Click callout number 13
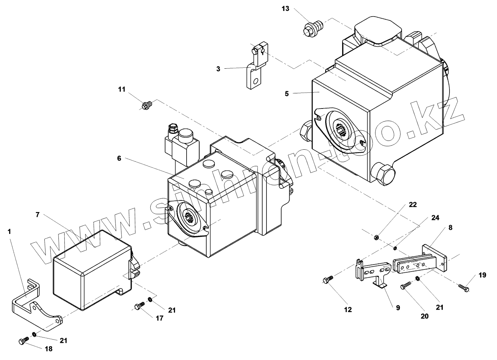pyautogui.click(x=285, y=8)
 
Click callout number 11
pyautogui.click(x=121, y=89)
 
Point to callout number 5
pyautogui.click(x=287, y=94)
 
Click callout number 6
pyautogui.click(x=119, y=158)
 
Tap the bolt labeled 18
pyautogui.click(x=23, y=340)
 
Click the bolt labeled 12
pyautogui.click(x=327, y=280)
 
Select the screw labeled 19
pyautogui.click(x=464, y=288)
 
